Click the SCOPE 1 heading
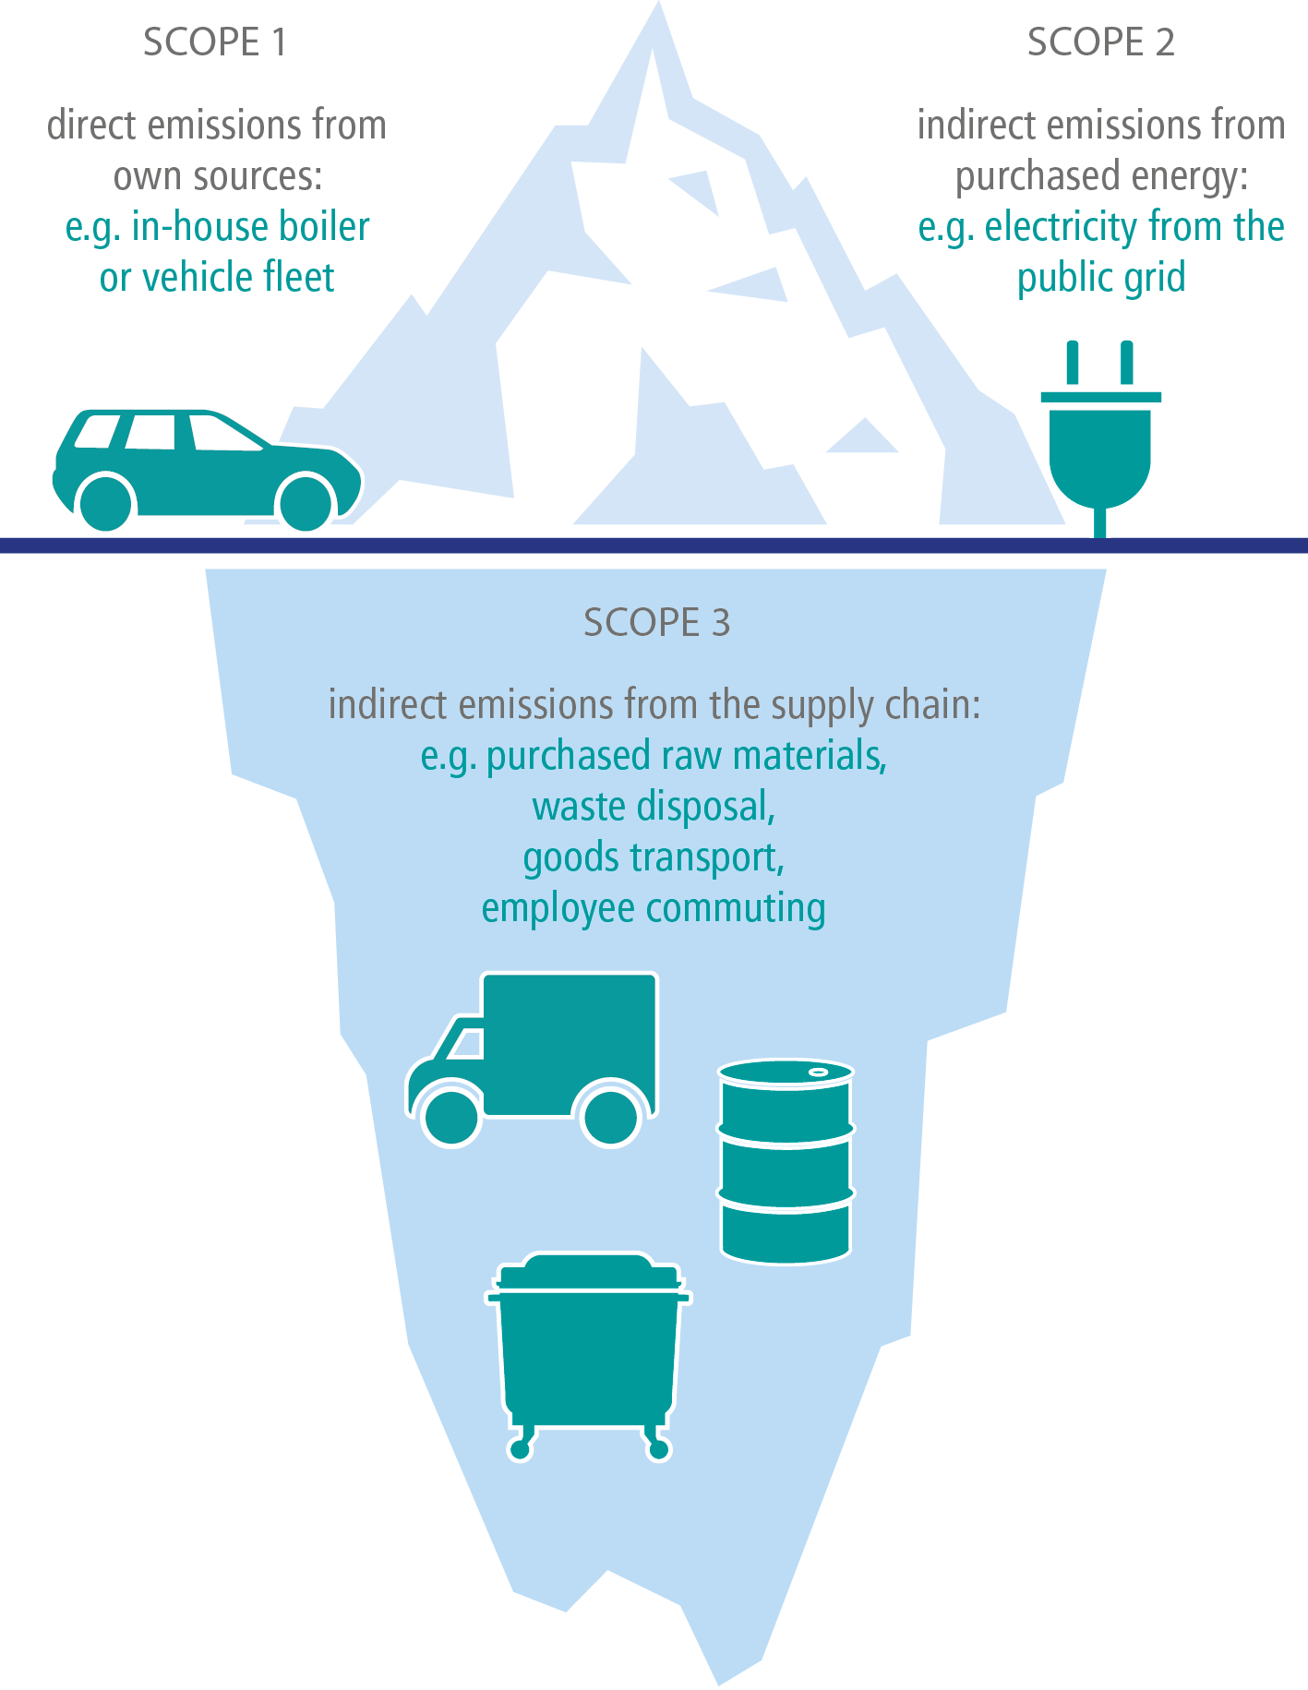(215, 42)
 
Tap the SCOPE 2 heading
(1101, 42)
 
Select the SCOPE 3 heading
(657, 623)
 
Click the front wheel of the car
(306, 502)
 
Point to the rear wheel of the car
(107, 502)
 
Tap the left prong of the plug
(1072, 363)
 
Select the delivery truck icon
(533, 1059)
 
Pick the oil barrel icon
(786, 1160)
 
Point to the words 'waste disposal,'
(654, 807)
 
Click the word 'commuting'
(736, 908)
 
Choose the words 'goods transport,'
(654, 858)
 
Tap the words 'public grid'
(1101, 279)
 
